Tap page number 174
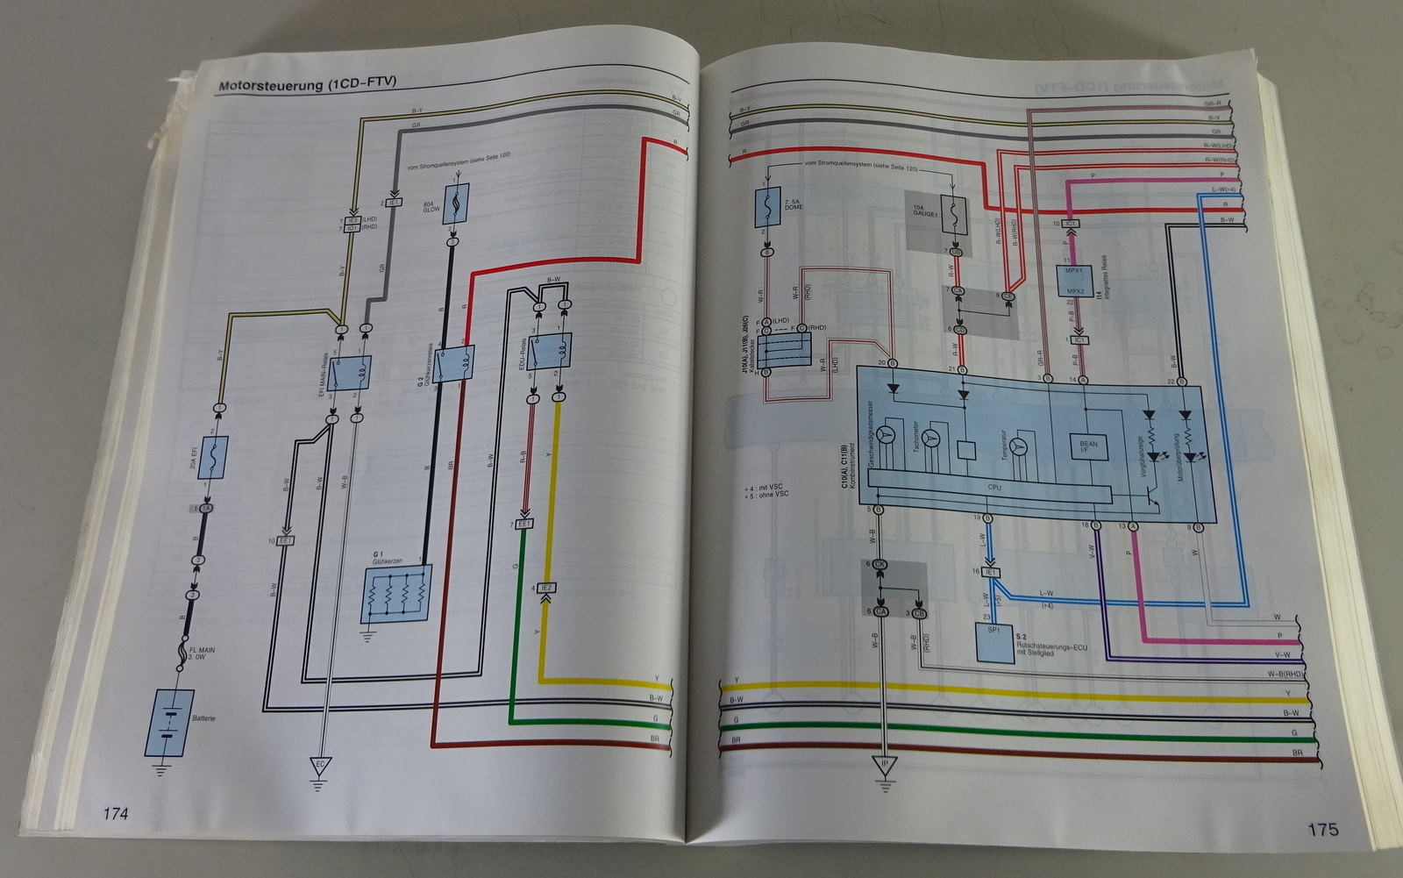click(115, 813)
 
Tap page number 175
click(1322, 828)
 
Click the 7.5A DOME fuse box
click(767, 211)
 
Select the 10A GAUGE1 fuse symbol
click(954, 214)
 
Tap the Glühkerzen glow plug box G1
click(397, 594)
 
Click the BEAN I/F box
click(1088, 449)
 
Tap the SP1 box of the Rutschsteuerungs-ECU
click(992, 643)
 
